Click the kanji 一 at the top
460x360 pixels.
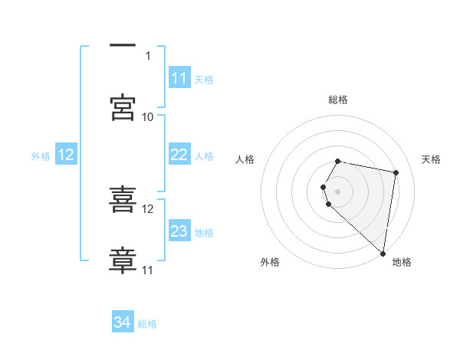point(123,46)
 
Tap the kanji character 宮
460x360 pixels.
point(123,108)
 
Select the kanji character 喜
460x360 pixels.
point(123,200)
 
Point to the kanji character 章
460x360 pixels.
point(123,261)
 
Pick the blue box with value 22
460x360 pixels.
point(179,155)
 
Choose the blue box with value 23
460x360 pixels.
point(179,231)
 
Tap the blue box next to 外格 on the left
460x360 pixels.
point(66,155)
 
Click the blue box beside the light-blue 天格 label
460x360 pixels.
point(179,78)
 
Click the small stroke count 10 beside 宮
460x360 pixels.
point(148,117)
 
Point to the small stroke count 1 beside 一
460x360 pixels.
point(148,55)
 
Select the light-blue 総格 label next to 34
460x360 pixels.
point(147,324)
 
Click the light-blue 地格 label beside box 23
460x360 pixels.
point(204,232)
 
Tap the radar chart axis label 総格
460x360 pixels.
point(338,100)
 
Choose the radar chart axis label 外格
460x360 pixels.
point(270,263)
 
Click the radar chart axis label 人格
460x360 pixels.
point(245,159)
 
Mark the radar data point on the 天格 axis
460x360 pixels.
point(396,172)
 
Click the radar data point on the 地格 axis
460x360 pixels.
point(383,253)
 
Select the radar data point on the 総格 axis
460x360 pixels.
point(338,161)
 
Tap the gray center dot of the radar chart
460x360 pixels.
point(338,191)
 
